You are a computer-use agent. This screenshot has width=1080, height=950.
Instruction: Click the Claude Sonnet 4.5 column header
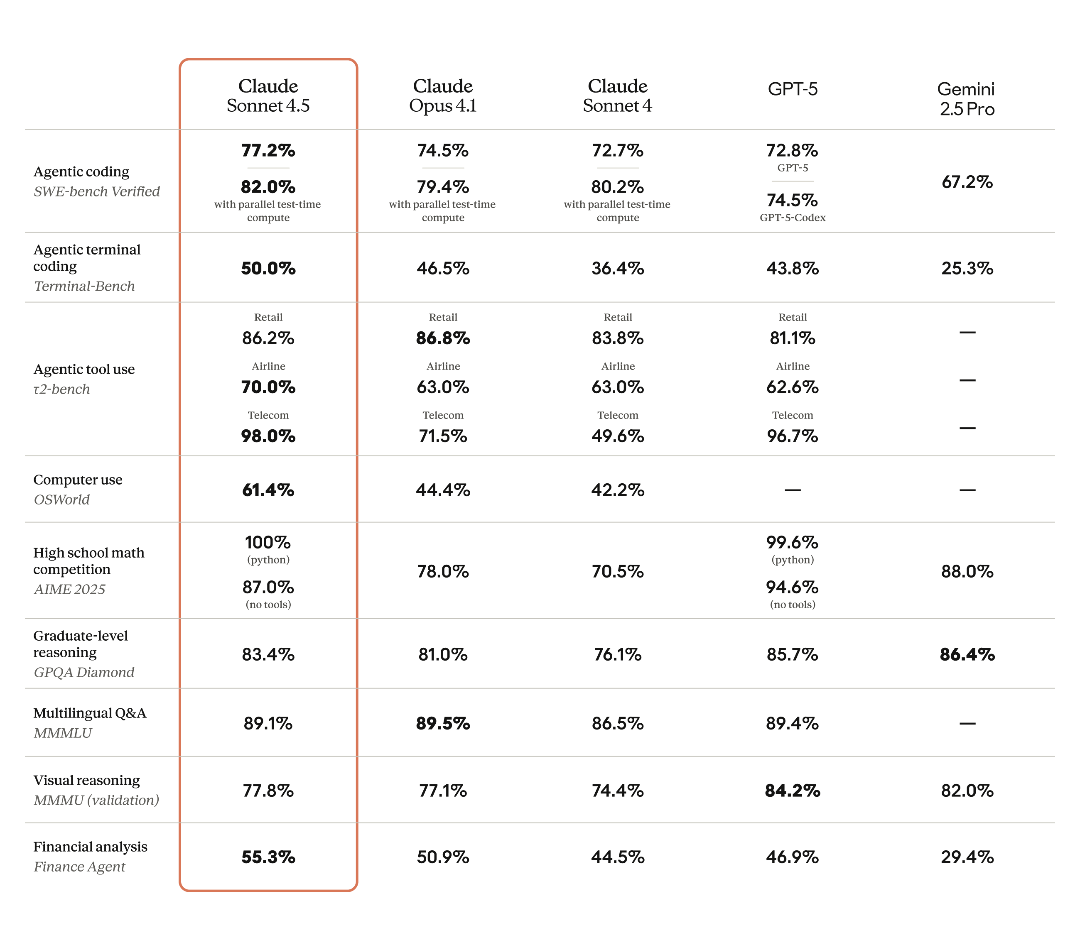pos(268,95)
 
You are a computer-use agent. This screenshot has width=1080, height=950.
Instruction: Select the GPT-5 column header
pos(792,89)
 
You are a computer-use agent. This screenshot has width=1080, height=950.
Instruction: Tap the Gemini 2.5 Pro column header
pos(967,99)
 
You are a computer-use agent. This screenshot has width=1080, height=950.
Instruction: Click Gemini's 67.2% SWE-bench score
pos(967,182)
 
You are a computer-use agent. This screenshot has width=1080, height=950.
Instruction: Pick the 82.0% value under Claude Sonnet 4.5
pos(268,187)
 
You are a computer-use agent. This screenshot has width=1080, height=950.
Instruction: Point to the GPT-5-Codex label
pos(792,218)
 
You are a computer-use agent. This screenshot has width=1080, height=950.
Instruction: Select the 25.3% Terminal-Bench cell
pos(967,268)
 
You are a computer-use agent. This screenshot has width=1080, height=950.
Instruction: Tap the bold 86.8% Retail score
pos(443,338)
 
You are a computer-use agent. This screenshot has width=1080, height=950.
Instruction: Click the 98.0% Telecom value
pos(268,436)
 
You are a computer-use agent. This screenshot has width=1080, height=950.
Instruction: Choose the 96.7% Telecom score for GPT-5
pos(792,436)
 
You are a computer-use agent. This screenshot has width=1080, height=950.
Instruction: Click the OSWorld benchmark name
pos(62,499)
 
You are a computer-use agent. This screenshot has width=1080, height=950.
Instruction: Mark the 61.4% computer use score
pos(268,490)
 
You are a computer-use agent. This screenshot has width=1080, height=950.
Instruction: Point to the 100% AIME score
pos(268,542)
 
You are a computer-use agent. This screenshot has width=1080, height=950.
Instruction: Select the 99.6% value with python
pos(792,542)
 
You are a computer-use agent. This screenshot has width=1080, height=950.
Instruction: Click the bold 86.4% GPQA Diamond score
pos(967,655)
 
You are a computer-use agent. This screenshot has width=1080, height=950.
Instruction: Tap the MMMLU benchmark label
pos(63,733)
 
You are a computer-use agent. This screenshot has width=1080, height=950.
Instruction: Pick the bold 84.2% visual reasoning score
pos(792,791)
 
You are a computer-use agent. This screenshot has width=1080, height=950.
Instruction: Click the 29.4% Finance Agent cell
pos(967,857)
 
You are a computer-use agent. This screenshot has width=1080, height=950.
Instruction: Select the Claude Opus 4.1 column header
pos(443,95)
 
